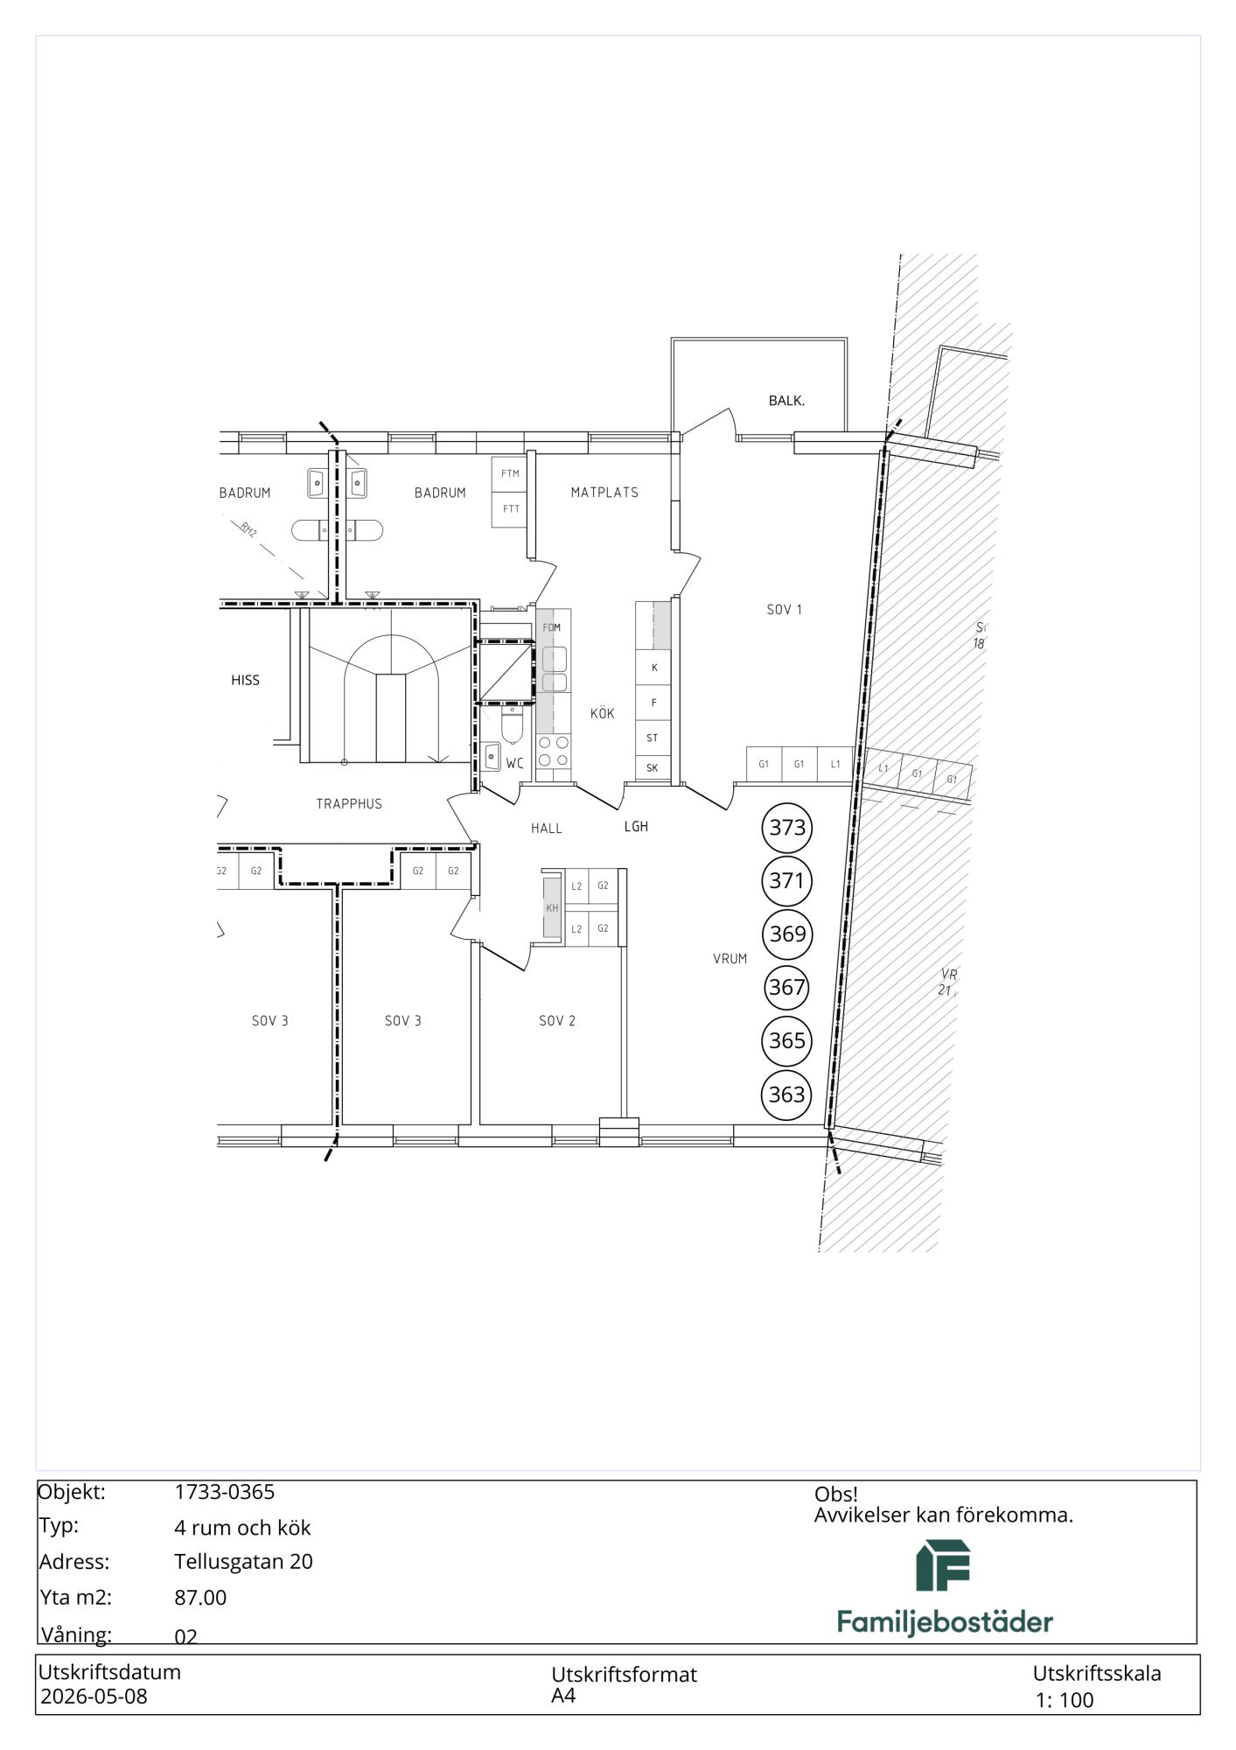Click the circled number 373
tap(787, 827)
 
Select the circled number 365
tap(787, 1040)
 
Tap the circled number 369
tap(787, 934)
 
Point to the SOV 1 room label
tap(784, 610)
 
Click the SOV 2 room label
tap(557, 1020)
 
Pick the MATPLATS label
tap(604, 493)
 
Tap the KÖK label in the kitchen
tap(602, 713)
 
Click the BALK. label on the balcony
tap(786, 401)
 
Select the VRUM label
tap(730, 959)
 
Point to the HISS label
tap(245, 680)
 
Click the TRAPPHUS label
tap(349, 803)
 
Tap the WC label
tap(514, 764)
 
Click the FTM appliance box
tap(509, 474)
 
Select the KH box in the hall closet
tap(552, 908)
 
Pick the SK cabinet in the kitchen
tap(653, 767)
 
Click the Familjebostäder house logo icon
tap(943, 1565)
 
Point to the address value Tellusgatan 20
tap(243, 1562)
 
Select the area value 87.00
tap(200, 1598)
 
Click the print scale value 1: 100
tap(1065, 1700)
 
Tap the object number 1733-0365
tap(225, 1492)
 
